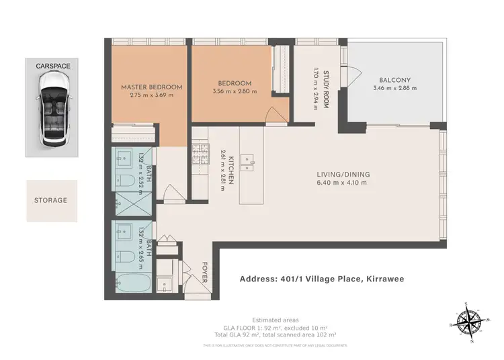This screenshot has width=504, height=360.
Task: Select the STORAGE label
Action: [x=51, y=200]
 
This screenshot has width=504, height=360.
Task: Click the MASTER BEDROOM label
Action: [x=151, y=87]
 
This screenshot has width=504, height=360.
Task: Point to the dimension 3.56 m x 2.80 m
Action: [x=235, y=91]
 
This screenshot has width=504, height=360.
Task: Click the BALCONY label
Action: [x=394, y=80]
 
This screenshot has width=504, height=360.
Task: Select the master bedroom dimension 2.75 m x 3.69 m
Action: [x=151, y=95]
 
